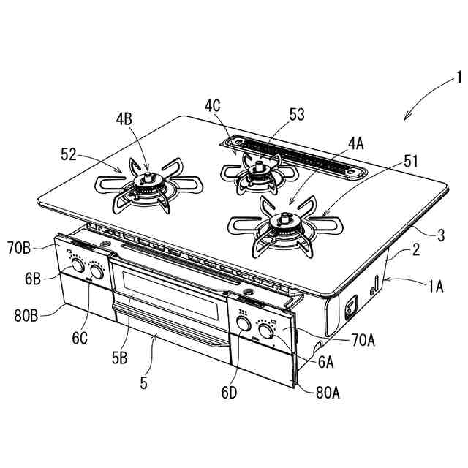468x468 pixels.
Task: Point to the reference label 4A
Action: pos(355,144)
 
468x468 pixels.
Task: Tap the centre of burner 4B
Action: pos(148,183)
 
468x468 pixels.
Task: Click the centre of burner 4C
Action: pos(257,173)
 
